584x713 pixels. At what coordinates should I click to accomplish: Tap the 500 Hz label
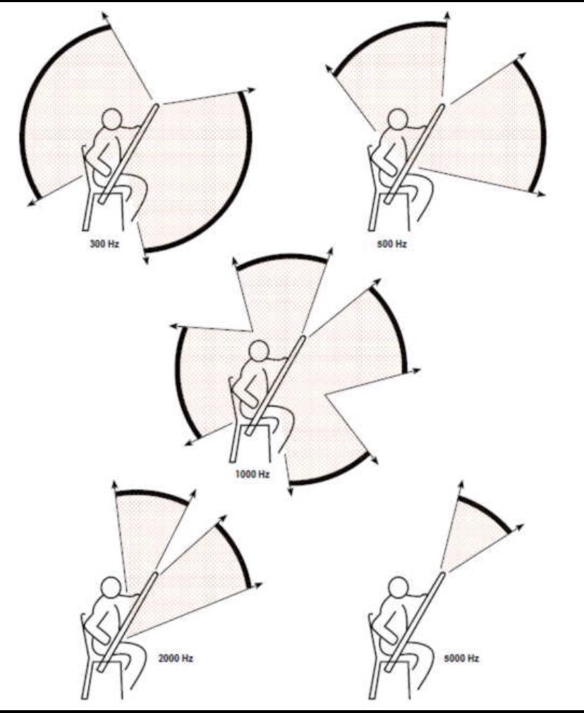tap(392, 244)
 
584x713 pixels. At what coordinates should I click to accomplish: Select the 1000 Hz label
tap(252, 474)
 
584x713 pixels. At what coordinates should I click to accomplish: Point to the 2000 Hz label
tap(176, 657)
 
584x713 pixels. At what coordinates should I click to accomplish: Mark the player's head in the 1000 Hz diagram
tap(260, 349)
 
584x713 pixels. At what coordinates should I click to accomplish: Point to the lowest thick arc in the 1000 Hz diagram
tap(329, 472)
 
